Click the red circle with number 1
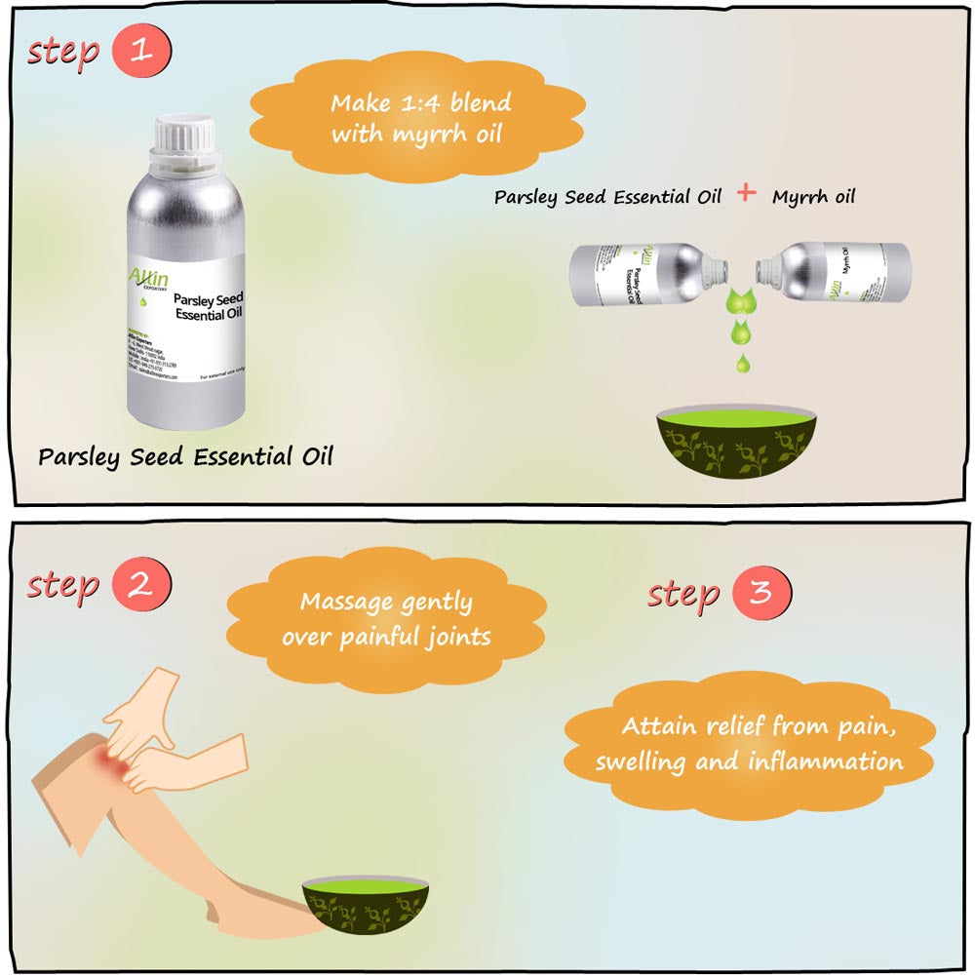(x=141, y=51)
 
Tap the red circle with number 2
(x=141, y=584)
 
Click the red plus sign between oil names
(x=746, y=193)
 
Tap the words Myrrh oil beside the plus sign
(x=813, y=197)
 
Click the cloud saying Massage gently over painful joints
(x=386, y=619)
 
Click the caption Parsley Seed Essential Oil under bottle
(x=185, y=456)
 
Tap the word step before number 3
(x=683, y=594)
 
